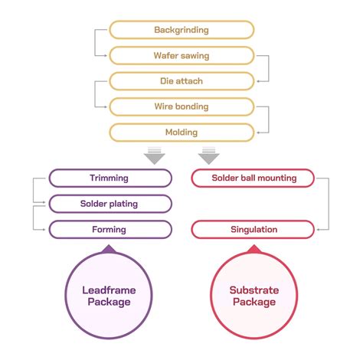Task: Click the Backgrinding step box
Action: click(x=181, y=30)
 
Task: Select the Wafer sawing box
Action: click(x=181, y=55)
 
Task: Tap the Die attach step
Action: click(x=181, y=81)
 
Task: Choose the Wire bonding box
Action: click(x=181, y=106)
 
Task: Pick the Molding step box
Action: click(x=181, y=132)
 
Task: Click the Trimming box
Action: click(x=110, y=178)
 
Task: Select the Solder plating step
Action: click(x=110, y=204)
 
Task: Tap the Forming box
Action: click(x=110, y=229)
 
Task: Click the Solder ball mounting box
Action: click(x=253, y=178)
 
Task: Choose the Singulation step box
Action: click(x=253, y=229)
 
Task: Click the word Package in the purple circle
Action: click(x=108, y=302)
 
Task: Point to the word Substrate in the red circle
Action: click(x=254, y=290)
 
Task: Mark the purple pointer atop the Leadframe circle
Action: click(x=108, y=248)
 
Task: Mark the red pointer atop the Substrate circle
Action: click(x=254, y=248)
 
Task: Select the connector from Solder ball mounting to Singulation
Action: click(x=329, y=204)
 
